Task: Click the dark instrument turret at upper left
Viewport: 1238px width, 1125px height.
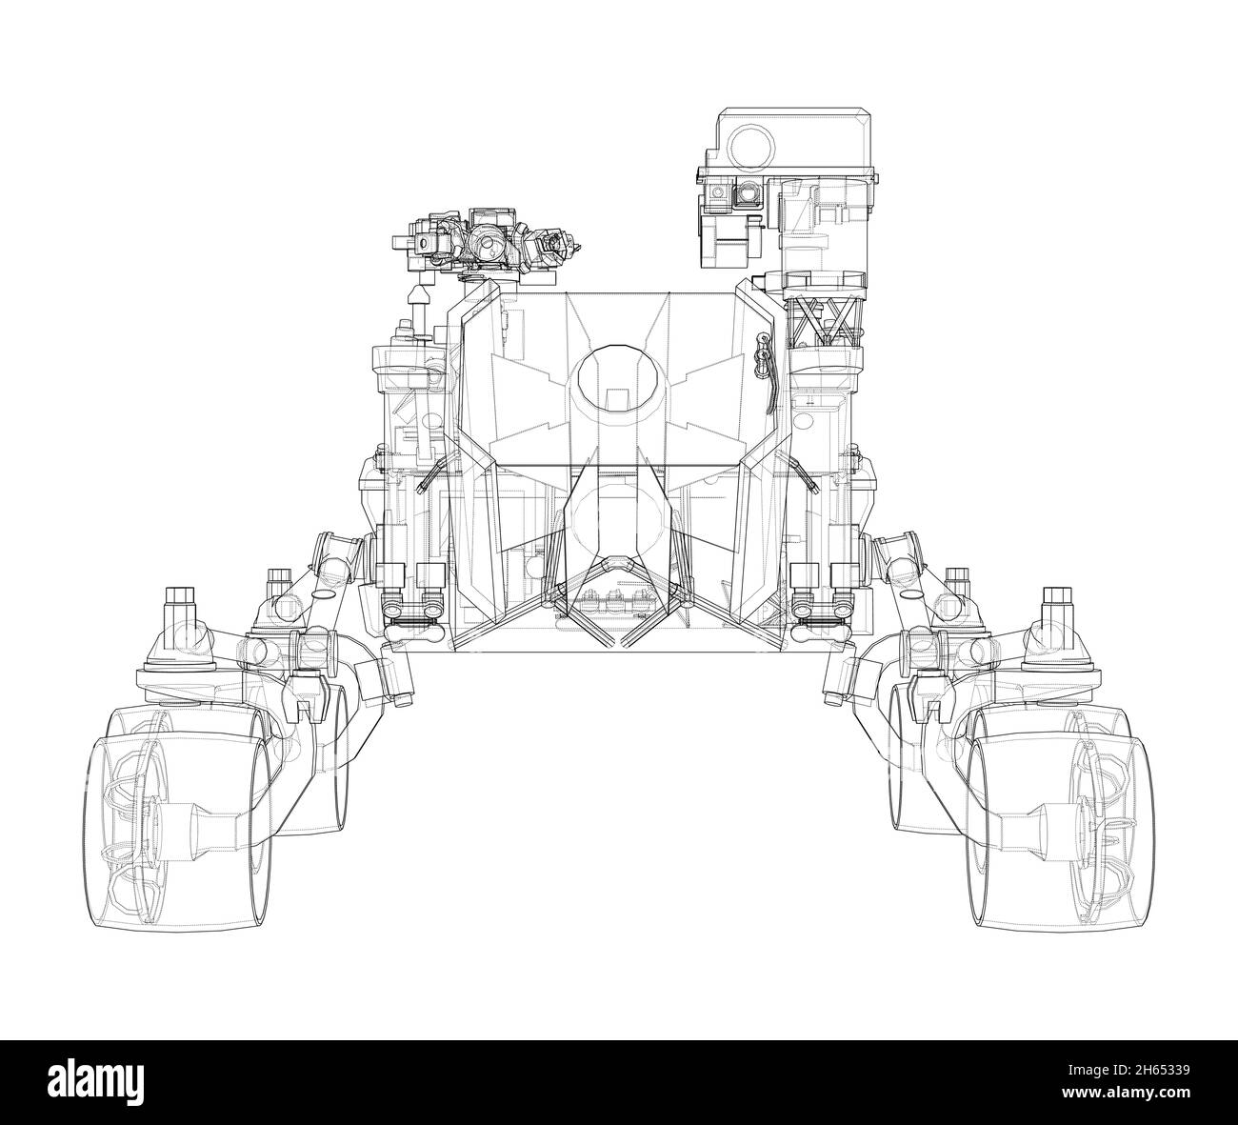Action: click(x=486, y=239)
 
